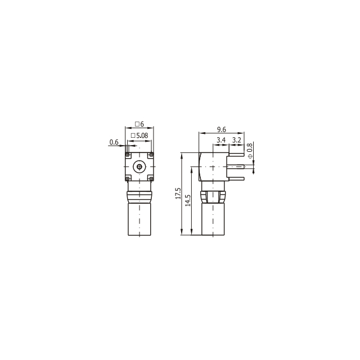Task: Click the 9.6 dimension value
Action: coord(221,129)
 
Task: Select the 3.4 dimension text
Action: coord(221,140)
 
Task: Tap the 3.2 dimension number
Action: coord(237,140)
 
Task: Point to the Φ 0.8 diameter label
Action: coord(250,151)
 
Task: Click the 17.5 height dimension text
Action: coord(178,193)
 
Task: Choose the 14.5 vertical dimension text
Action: coord(188,200)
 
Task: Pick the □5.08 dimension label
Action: coord(139,136)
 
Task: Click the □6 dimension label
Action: coord(139,124)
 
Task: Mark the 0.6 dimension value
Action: coord(114,142)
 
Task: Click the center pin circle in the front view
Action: coord(139,166)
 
